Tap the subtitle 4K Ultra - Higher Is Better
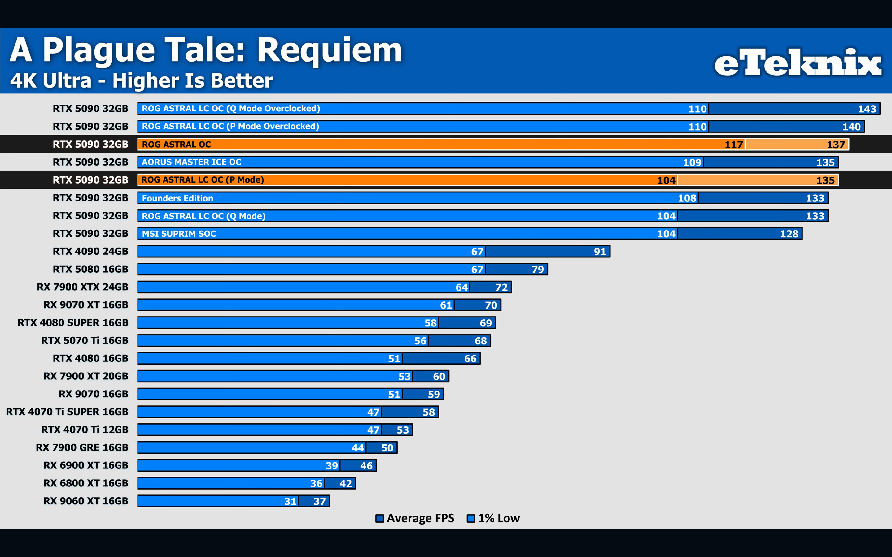tap(141, 81)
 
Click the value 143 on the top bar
tap(867, 109)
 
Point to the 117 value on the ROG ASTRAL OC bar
tap(733, 145)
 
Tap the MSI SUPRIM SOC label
tap(179, 234)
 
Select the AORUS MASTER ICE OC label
tap(191, 162)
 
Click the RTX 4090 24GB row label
tap(90, 251)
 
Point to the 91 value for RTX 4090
tap(600, 252)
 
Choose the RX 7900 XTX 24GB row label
tap(83, 287)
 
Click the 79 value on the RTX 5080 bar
tap(537, 270)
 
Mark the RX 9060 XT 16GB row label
tap(86, 501)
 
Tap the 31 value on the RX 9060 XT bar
tap(290, 501)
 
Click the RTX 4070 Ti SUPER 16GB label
tap(67, 412)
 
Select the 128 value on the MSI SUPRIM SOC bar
tap(789, 234)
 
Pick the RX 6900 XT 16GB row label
tap(86, 465)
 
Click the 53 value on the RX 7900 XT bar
tap(404, 377)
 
